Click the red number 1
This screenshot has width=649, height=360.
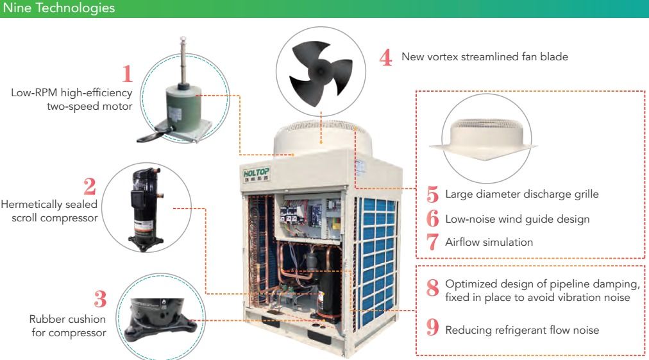click(128, 74)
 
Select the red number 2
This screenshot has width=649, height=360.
click(89, 186)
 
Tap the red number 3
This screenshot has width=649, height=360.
click(100, 298)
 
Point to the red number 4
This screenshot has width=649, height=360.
click(386, 57)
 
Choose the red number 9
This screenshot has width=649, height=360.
click(432, 327)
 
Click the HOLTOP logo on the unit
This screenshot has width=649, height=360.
click(257, 174)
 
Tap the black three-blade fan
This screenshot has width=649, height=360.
click(321, 71)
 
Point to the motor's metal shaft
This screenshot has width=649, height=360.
click(183, 61)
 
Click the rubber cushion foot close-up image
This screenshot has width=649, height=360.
click(160, 320)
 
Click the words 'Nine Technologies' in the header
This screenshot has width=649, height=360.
click(59, 8)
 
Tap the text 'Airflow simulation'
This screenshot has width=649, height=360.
click(489, 242)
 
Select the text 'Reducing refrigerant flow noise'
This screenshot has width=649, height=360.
click(522, 330)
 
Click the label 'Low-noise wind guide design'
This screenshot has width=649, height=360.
click(518, 219)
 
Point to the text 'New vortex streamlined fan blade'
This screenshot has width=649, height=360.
click(485, 56)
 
